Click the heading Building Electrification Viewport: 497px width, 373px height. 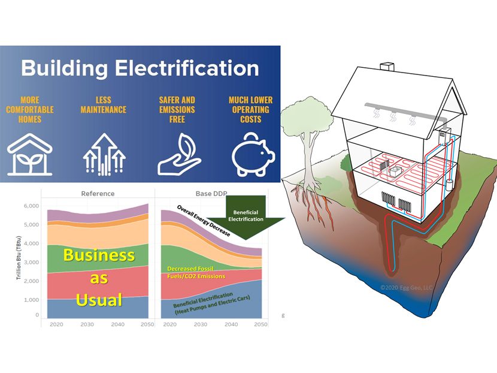(140, 67)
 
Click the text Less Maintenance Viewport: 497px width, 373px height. (103, 106)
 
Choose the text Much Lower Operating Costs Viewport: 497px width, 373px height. (250, 110)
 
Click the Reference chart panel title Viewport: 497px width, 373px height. (98, 194)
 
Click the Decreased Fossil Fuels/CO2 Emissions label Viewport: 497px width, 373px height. (196, 272)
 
